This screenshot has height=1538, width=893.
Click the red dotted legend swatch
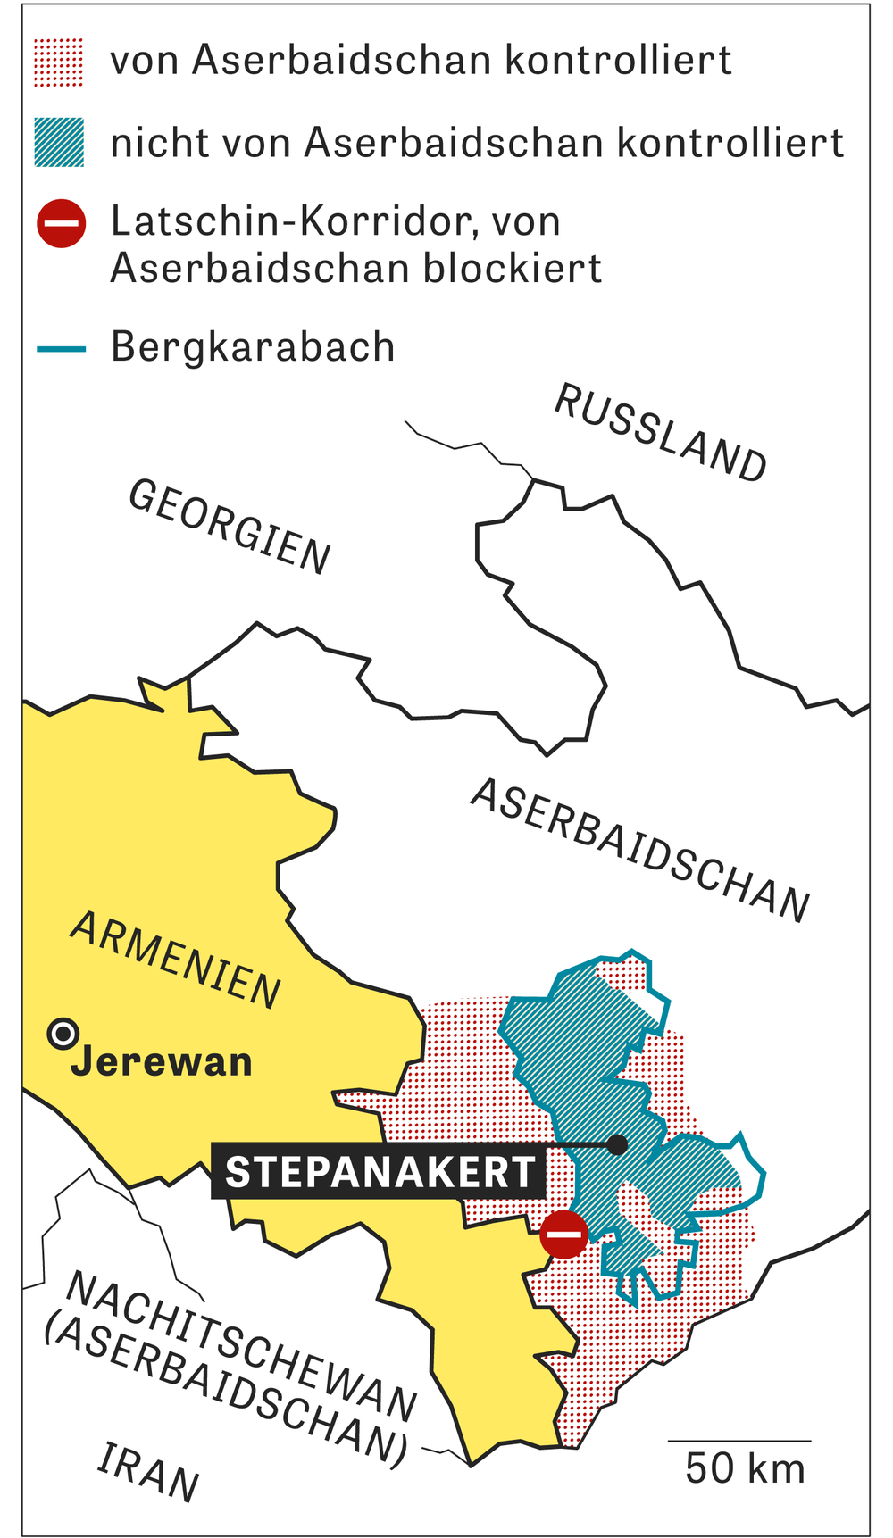(59, 62)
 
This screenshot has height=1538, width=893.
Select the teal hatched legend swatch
(59, 142)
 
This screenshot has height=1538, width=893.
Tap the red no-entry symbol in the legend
(61, 223)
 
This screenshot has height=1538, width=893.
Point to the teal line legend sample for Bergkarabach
(61, 349)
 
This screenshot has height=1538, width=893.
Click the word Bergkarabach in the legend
(253, 347)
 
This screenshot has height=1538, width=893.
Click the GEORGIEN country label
(230, 527)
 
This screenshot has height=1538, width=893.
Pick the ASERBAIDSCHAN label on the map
(640, 850)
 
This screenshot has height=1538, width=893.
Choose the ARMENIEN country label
(176, 960)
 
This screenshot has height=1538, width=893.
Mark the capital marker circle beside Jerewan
(63, 1035)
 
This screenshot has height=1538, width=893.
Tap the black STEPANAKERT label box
(379, 1171)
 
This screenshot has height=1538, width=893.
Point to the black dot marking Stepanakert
(617, 1144)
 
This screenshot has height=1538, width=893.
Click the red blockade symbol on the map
(563, 1235)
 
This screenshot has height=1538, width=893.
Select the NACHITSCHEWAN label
(241, 1346)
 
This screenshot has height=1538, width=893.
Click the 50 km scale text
(745, 1468)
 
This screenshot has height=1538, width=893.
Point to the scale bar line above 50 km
(739, 1441)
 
